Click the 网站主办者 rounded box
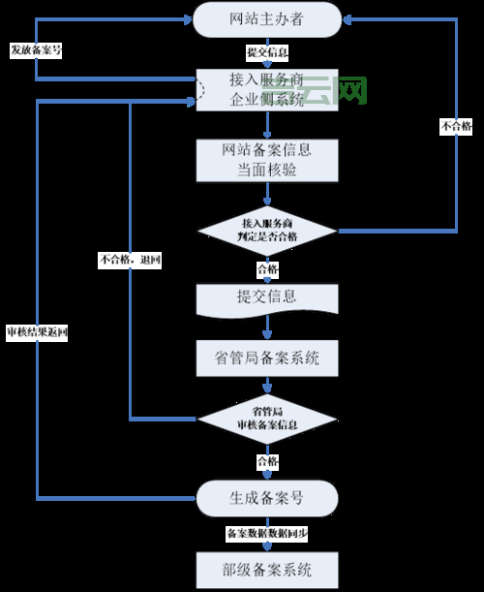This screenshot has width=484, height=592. pos(267,19)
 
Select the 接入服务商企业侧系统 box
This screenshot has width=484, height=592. pos(267,88)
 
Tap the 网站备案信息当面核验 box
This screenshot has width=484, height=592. pos(267,160)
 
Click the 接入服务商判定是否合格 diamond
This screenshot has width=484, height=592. pos(267,231)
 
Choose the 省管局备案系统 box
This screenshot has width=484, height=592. pos(267,359)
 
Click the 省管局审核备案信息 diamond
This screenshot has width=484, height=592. pos(267,419)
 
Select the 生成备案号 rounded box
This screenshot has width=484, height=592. pos(267,498)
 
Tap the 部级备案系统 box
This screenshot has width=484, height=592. pos(267,567)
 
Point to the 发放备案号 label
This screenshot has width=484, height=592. pos(36,50)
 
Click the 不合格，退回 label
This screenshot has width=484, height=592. pos(130,260)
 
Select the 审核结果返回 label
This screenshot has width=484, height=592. pos(37,332)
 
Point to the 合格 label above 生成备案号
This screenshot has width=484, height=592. pos(267,460)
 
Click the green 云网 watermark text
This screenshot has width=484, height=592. pos(340,91)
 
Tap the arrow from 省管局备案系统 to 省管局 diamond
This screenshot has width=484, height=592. pos(267,387)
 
